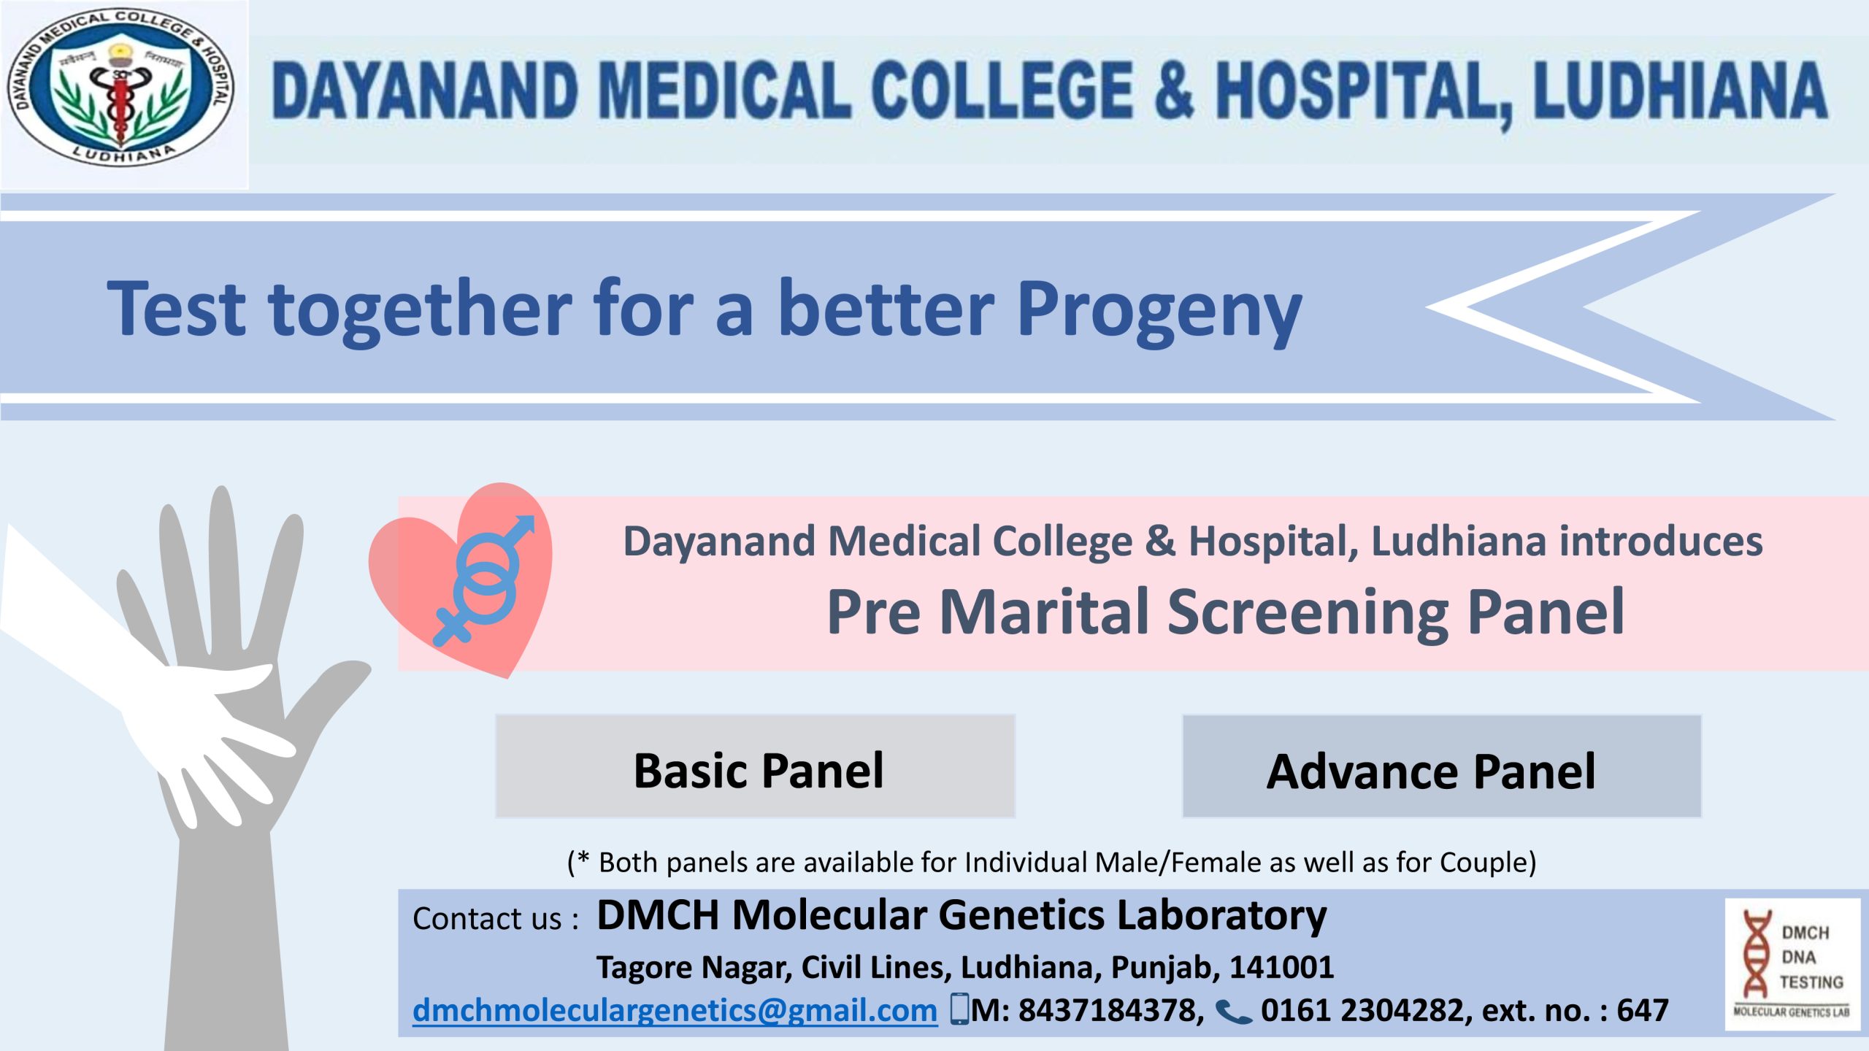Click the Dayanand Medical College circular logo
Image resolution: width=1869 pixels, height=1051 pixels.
pyautogui.click(x=121, y=88)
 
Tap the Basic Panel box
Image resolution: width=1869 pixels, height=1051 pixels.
pyautogui.click(x=755, y=766)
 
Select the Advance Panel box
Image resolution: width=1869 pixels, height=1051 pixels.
pyautogui.click(x=1441, y=766)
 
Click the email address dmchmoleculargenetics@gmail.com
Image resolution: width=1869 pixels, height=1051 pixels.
pyautogui.click(x=675, y=1010)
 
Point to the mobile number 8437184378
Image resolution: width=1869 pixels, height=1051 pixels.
pyautogui.click(x=1110, y=1010)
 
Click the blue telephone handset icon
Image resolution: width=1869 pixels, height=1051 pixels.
pyautogui.click(x=1234, y=1012)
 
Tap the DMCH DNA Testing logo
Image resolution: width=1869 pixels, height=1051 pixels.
pyautogui.click(x=1792, y=964)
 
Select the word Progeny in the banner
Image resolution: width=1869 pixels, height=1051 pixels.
pyautogui.click(x=1159, y=310)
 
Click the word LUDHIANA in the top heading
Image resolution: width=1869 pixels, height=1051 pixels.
pyautogui.click(x=1680, y=91)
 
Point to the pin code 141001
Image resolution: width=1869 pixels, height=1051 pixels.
pyautogui.click(x=1282, y=967)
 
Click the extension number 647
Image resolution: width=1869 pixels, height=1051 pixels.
pyautogui.click(x=1643, y=1010)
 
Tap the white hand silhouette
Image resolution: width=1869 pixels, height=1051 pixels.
pyautogui.click(x=146, y=679)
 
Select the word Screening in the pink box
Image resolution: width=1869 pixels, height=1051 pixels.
pyautogui.click(x=1308, y=613)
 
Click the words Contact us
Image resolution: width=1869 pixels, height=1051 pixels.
pyautogui.click(x=488, y=919)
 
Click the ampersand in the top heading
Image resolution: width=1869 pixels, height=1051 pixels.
pyautogui.click(x=1175, y=91)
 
